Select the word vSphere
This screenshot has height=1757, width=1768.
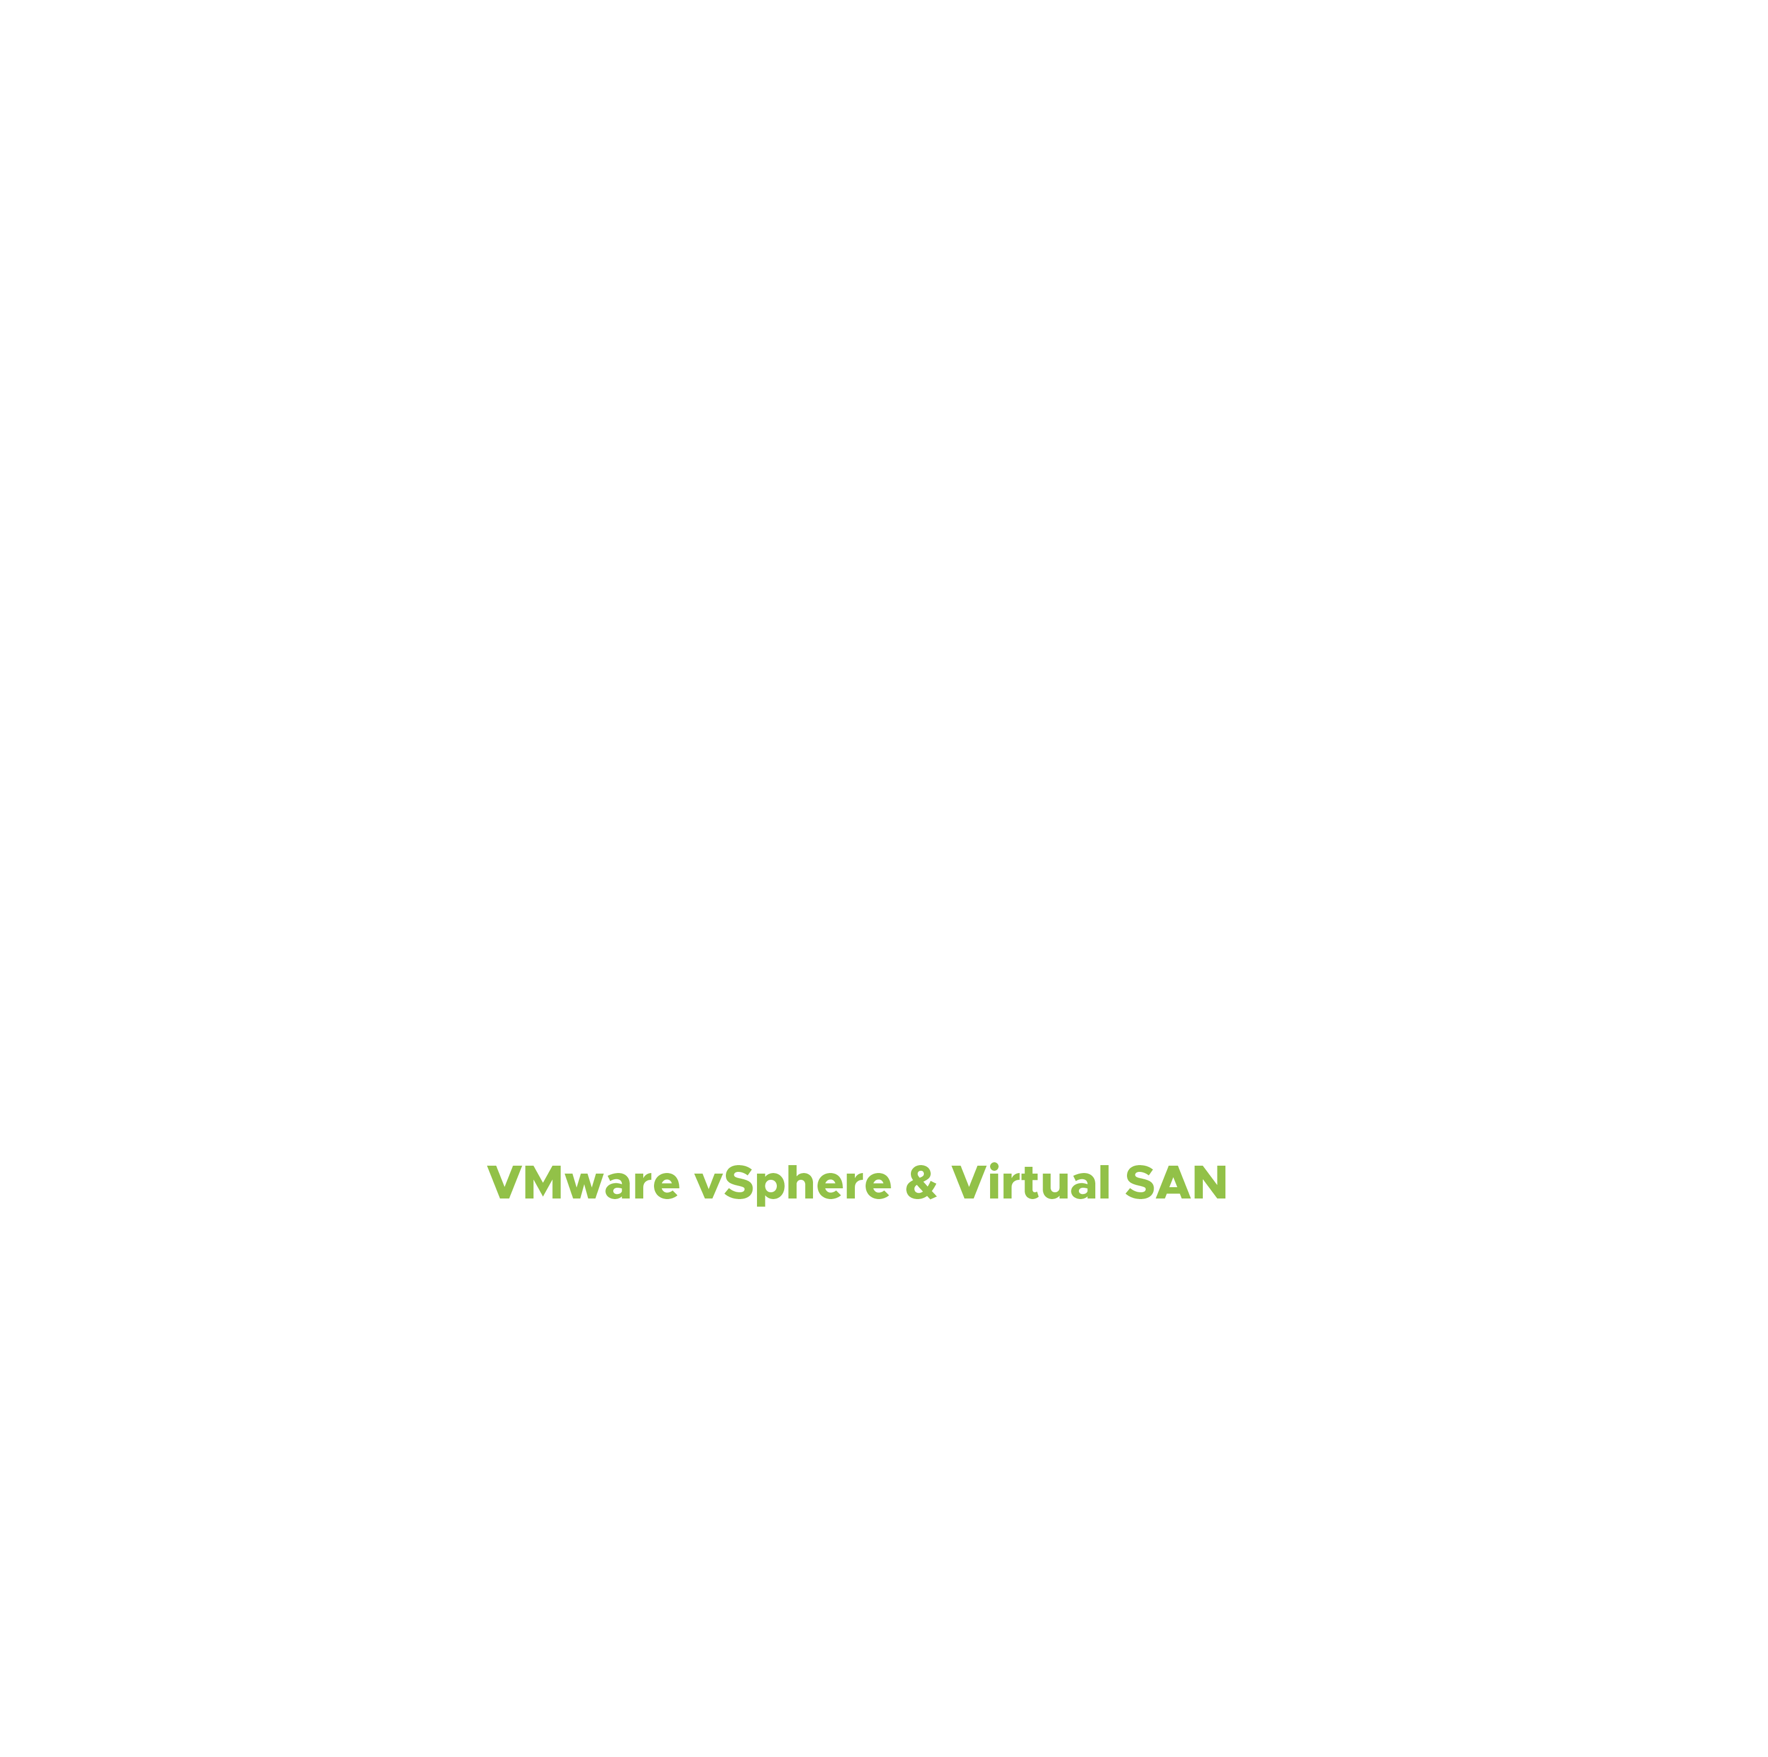click(793, 1185)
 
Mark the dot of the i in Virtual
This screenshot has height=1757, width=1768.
click(994, 1166)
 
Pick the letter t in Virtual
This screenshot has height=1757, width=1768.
click(1030, 1184)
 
